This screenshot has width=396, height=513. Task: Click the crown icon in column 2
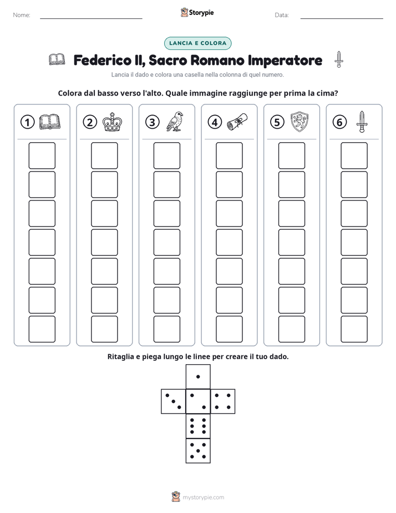click(x=113, y=122)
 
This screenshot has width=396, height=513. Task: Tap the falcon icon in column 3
click(x=175, y=122)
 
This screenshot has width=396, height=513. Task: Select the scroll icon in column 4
click(x=237, y=122)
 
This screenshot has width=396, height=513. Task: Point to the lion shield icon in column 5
click(x=299, y=122)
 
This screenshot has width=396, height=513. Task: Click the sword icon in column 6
click(x=362, y=122)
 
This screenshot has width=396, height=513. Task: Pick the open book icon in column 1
click(x=50, y=122)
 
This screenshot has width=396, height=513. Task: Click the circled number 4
click(x=215, y=122)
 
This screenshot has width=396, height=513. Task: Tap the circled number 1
click(x=27, y=122)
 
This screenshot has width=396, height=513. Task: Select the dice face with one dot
click(x=198, y=376)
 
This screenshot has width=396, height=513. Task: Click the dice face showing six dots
click(x=198, y=426)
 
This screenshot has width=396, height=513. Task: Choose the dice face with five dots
click(x=198, y=450)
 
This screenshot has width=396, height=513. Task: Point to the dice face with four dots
click(x=223, y=401)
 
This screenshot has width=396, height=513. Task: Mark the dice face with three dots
click(x=174, y=401)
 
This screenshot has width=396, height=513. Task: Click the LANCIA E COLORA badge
click(x=197, y=43)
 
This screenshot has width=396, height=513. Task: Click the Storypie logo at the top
click(x=197, y=12)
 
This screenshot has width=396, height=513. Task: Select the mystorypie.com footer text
click(x=203, y=497)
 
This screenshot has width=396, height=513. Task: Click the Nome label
click(x=22, y=15)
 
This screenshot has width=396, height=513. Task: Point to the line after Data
click(x=342, y=19)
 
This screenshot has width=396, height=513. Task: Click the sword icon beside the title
click(x=339, y=59)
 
